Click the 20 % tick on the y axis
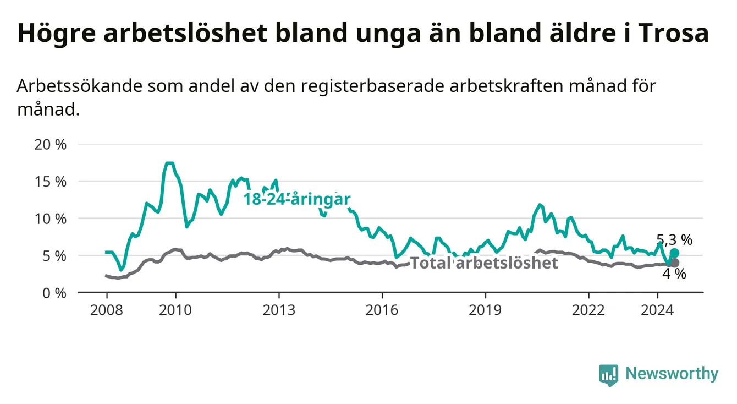(51, 145)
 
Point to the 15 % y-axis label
(51, 182)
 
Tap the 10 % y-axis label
(51, 219)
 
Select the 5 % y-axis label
(54, 256)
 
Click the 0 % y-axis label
(54, 293)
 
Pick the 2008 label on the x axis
(107, 310)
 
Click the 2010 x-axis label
(175, 310)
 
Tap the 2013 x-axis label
(279, 310)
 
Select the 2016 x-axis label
(382, 310)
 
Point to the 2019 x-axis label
(485, 310)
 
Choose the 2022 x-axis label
(588, 310)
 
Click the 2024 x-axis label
(657, 310)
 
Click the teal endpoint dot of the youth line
(674, 253)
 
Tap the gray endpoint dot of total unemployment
(674, 263)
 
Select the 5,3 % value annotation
(674, 239)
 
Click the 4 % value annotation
(674, 274)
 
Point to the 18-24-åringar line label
(297, 199)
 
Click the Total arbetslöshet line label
(485, 263)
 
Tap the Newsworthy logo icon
(609, 375)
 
